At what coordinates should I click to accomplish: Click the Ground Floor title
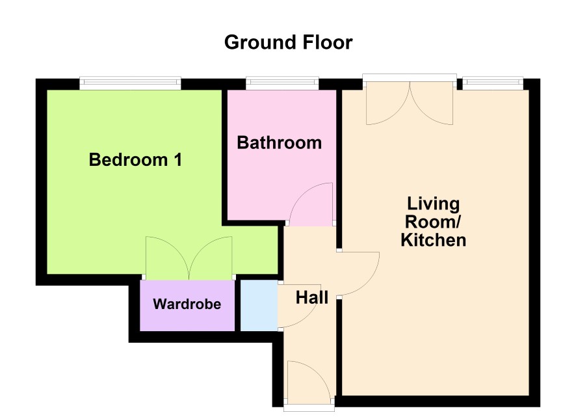coord(289,42)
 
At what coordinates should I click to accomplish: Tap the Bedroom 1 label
coord(136,160)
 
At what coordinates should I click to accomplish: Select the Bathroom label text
coord(279,142)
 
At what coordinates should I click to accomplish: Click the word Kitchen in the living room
coord(434,240)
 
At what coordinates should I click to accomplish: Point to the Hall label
coord(312,297)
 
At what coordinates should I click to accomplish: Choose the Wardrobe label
coord(187,304)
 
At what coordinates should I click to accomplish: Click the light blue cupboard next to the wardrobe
coord(259,305)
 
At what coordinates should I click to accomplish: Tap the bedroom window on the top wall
coord(131,83)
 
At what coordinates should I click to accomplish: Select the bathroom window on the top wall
coord(282,83)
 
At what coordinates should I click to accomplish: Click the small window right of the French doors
coord(493,83)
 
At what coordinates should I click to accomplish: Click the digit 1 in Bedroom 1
coord(177,160)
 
